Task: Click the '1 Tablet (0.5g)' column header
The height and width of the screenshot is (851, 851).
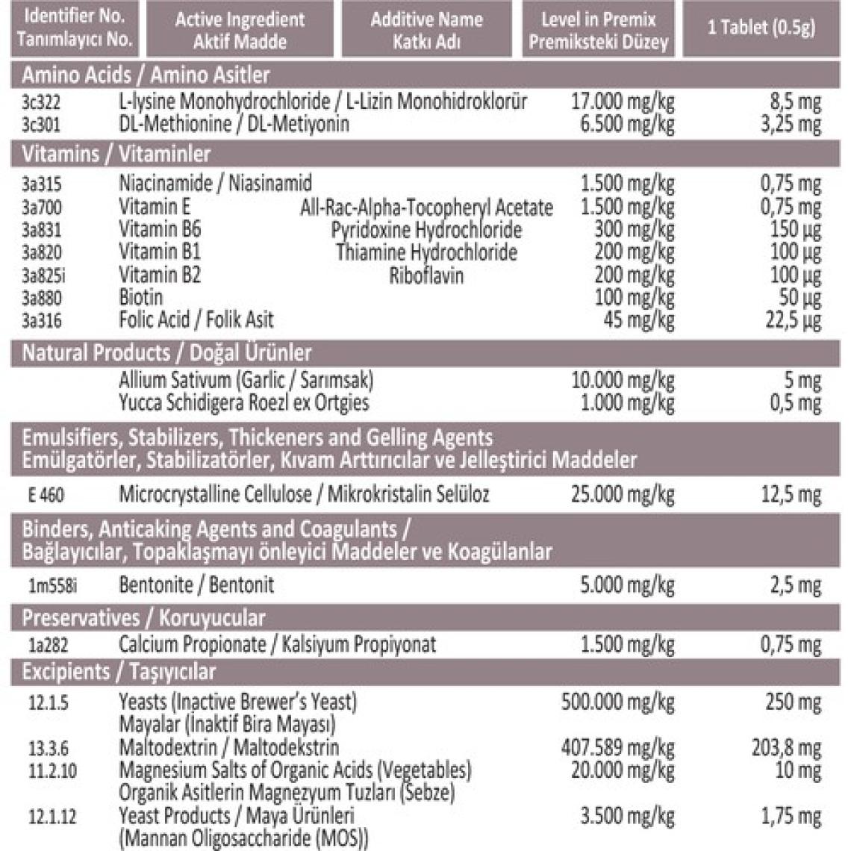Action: tap(761, 28)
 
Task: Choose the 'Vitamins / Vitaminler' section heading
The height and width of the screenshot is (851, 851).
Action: tap(116, 155)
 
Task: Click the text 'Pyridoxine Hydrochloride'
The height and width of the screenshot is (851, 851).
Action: tap(426, 230)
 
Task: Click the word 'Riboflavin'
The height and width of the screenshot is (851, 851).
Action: tap(426, 275)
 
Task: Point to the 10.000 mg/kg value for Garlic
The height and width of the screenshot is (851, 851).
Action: tap(623, 381)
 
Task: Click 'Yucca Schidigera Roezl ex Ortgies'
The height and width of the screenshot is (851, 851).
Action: tap(244, 404)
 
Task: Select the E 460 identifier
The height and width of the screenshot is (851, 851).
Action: tap(45, 495)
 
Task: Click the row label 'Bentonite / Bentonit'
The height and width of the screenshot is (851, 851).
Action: tap(196, 585)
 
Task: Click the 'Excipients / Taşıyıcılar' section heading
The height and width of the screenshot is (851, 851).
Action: tap(119, 672)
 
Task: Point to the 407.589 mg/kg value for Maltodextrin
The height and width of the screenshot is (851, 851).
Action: tap(617, 747)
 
